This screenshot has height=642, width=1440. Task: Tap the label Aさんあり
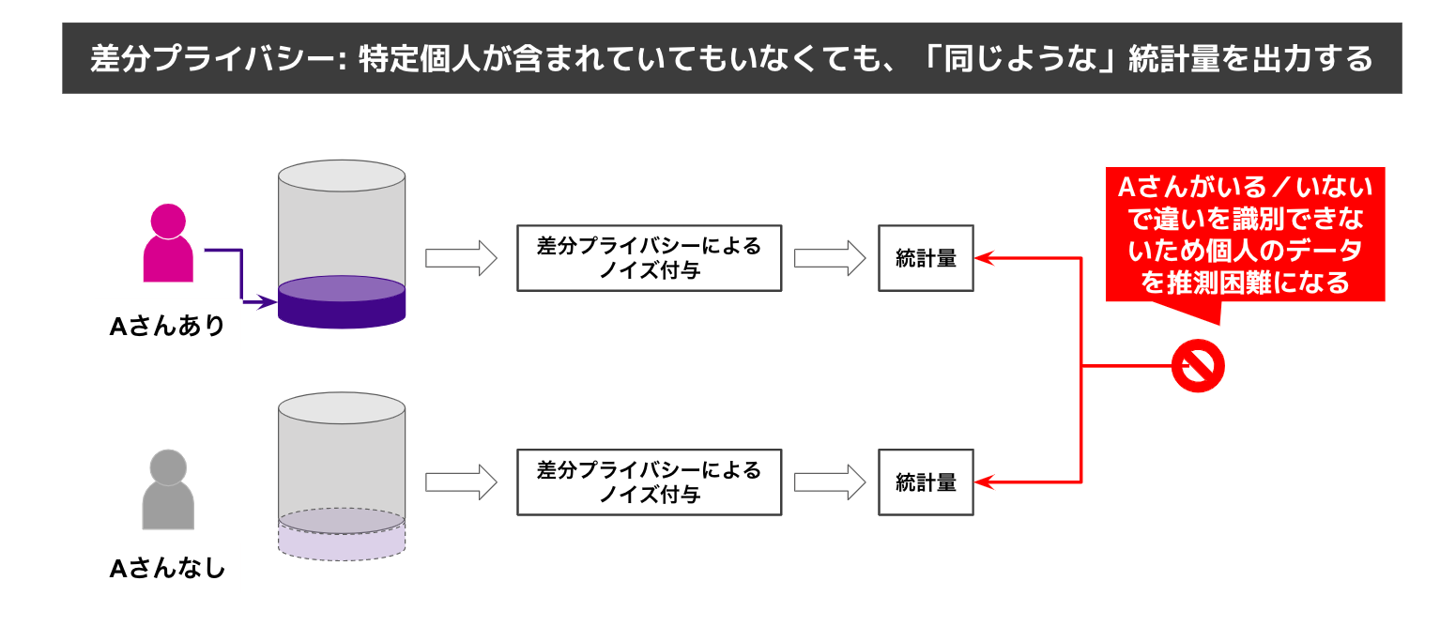168,327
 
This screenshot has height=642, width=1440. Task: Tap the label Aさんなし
168,569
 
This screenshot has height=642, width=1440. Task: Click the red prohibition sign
1198,365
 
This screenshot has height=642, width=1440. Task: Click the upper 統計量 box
926,258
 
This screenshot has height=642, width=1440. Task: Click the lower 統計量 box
926,482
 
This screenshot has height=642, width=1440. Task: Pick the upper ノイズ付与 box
649,258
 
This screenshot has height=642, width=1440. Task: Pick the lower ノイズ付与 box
649,482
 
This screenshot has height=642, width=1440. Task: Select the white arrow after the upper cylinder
460,258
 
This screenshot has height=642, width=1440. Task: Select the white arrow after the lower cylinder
460,482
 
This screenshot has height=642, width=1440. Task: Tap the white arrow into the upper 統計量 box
829,258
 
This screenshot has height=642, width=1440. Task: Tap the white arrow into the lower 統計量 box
829,482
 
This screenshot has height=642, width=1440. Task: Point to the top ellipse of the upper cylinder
342,176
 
